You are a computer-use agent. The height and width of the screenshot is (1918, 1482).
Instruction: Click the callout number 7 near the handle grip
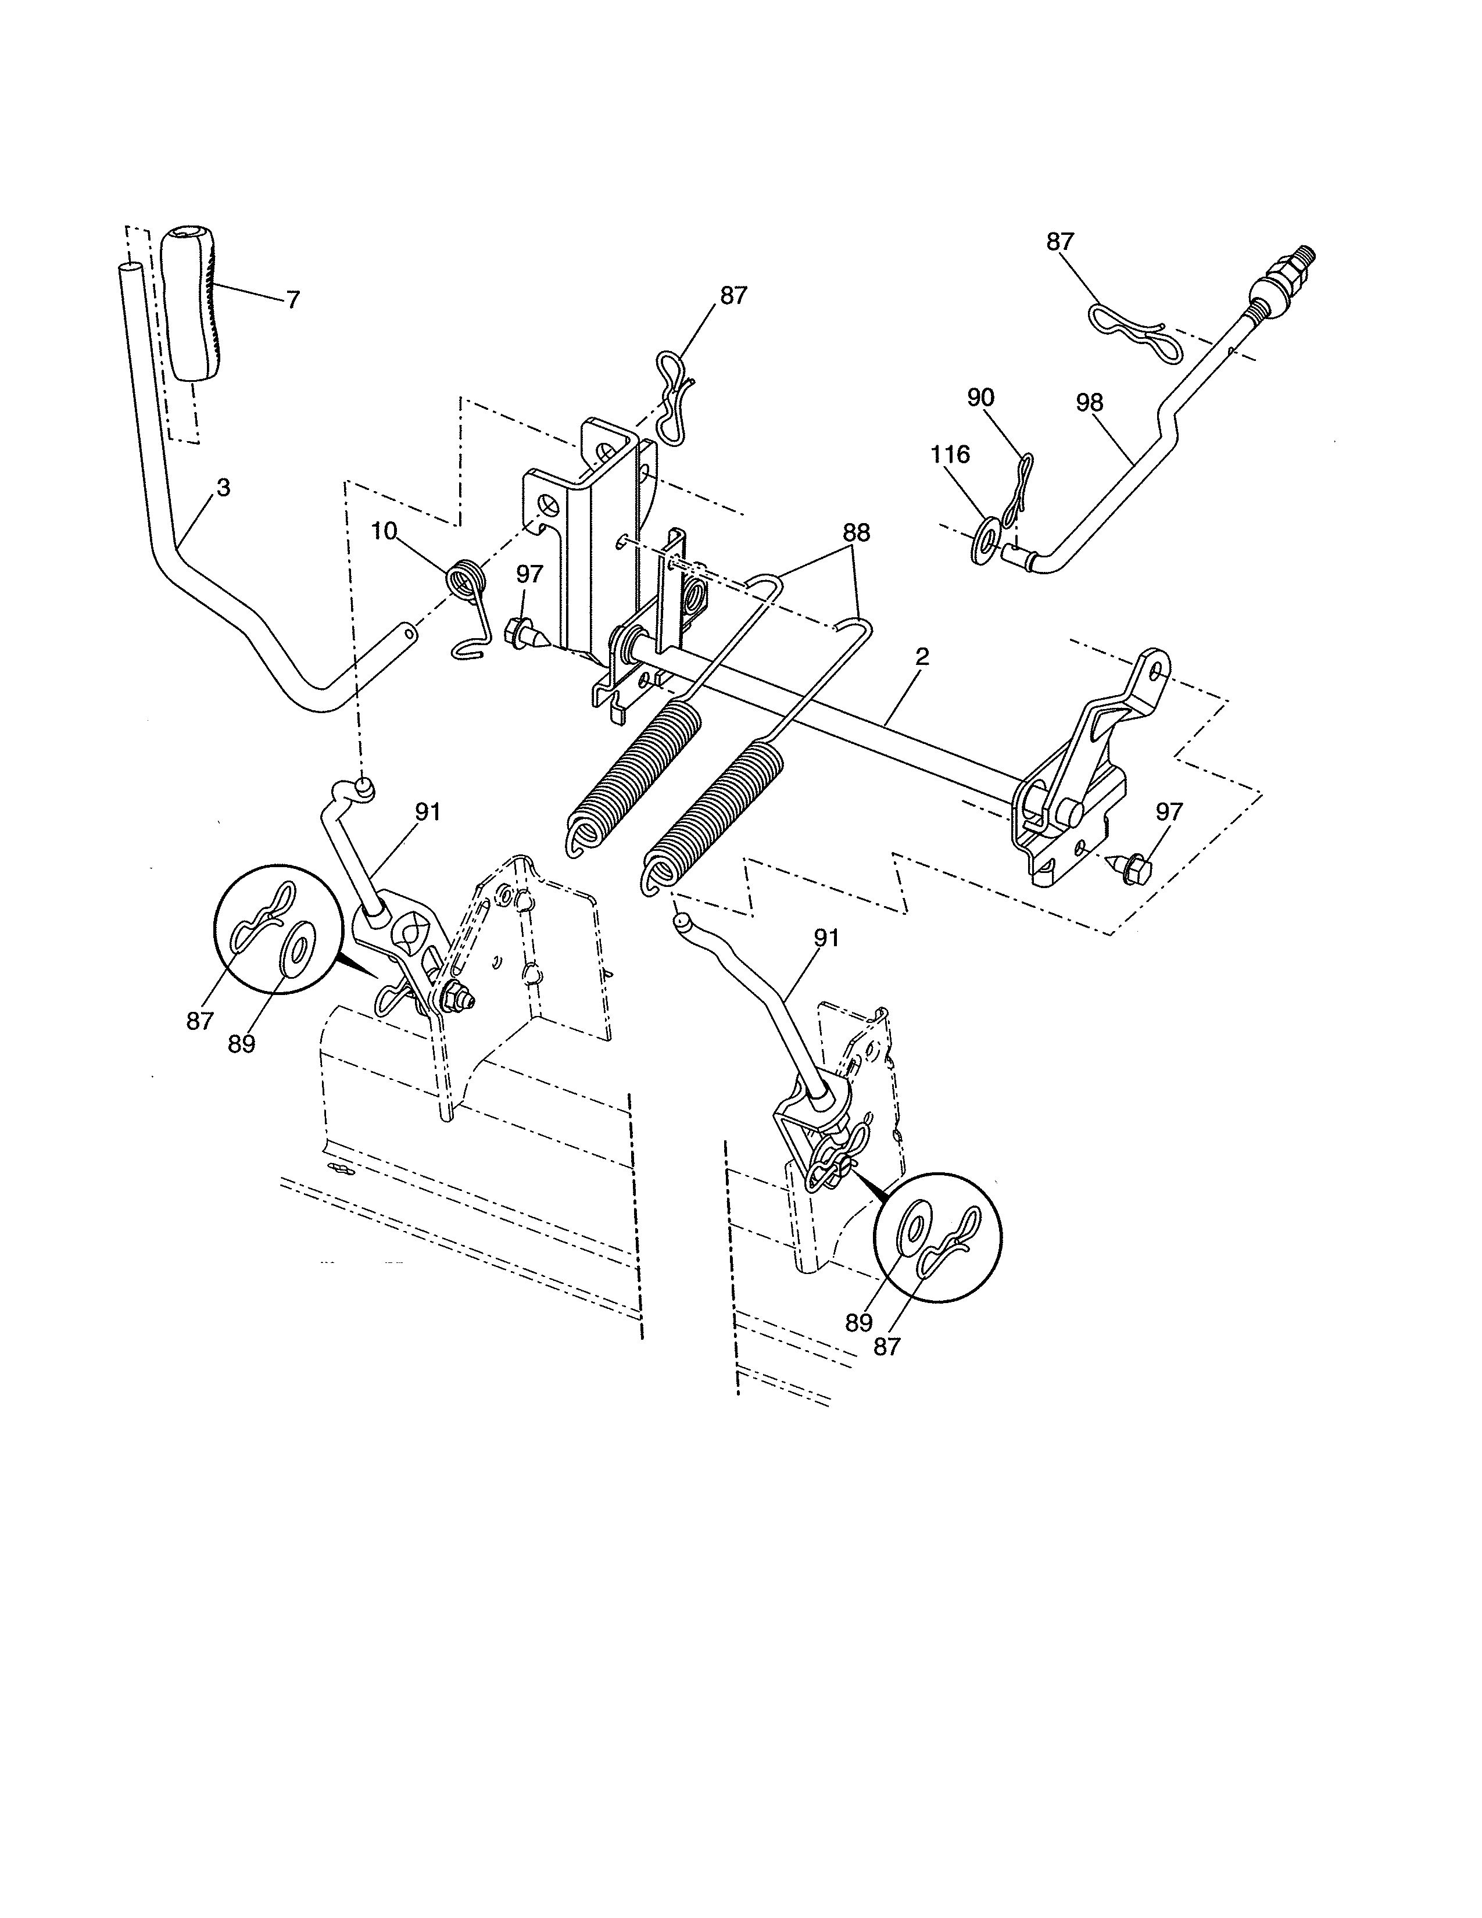click(x=293, y=300)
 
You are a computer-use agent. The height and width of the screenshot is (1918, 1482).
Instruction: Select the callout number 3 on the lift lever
click(x=223, y=488)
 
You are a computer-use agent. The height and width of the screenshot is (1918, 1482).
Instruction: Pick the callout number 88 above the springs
click(x=856, y=533)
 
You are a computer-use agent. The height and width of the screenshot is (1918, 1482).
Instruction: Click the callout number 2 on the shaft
click(x=922, y=656)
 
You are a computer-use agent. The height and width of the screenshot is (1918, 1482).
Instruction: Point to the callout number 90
click(x=980, y=398)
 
